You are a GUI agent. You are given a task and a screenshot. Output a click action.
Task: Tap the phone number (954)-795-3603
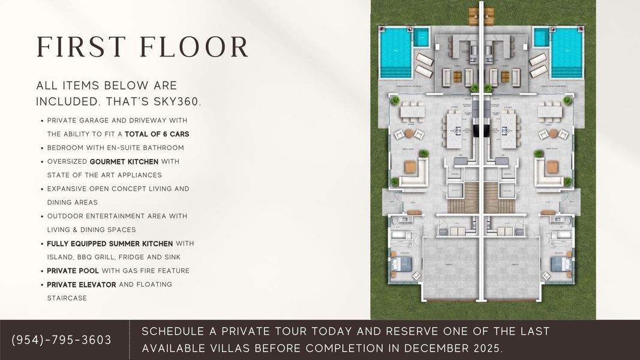point(62,340)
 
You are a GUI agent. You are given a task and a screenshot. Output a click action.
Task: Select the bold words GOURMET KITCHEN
point(124,161)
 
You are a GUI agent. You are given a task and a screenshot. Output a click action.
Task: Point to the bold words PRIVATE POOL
point(73,271)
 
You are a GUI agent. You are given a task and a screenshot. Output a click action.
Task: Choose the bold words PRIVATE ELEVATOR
point(82,284)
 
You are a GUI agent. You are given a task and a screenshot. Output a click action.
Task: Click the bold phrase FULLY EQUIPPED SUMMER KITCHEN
point(110,244)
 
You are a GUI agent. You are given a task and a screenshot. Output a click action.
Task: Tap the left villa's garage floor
point(451,267)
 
